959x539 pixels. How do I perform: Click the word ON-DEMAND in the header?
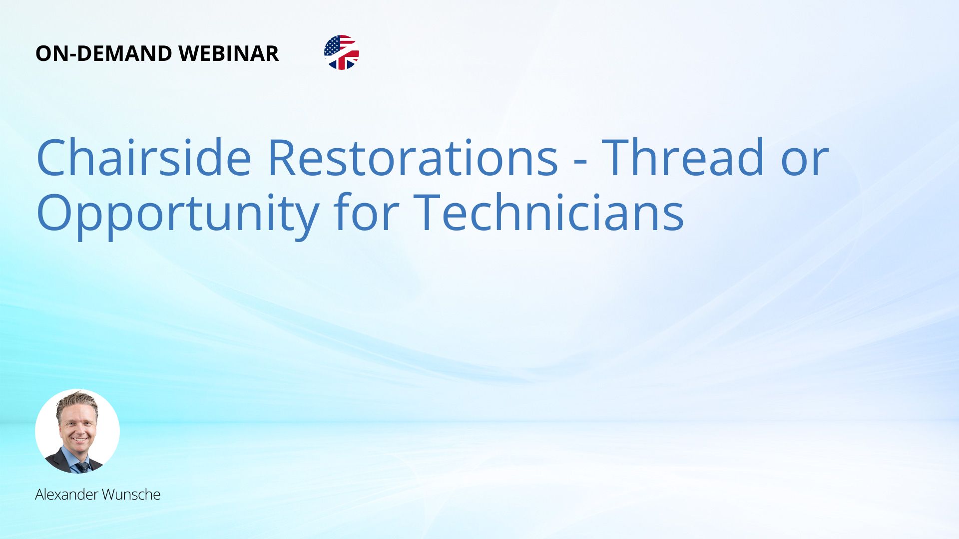(103, 53)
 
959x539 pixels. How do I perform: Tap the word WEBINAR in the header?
(228, 53)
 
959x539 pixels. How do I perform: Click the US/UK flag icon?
(342, 52)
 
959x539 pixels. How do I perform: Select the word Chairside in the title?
(144, 157)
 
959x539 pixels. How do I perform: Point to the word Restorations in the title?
(413, 157)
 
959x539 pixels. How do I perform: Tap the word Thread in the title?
(683, 157)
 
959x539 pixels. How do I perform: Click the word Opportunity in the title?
(178, 215)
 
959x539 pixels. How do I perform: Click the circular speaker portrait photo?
(77, 431)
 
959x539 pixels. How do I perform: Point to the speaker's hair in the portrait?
(76, 402)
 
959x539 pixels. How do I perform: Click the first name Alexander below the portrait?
(66, 495)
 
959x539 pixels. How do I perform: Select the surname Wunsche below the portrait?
(131, 495)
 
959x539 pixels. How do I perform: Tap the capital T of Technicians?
(429, 212)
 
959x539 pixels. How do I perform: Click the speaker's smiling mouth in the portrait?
(79, 440)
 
